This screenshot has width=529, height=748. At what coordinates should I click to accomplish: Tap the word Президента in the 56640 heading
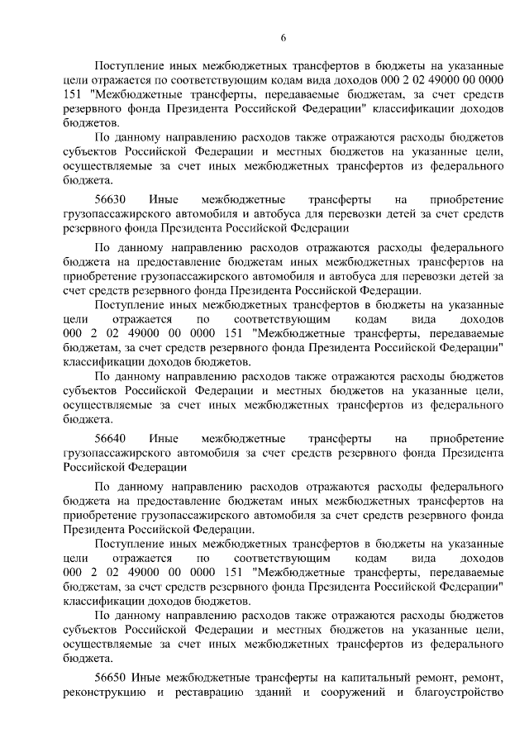(x=468, y=451)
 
